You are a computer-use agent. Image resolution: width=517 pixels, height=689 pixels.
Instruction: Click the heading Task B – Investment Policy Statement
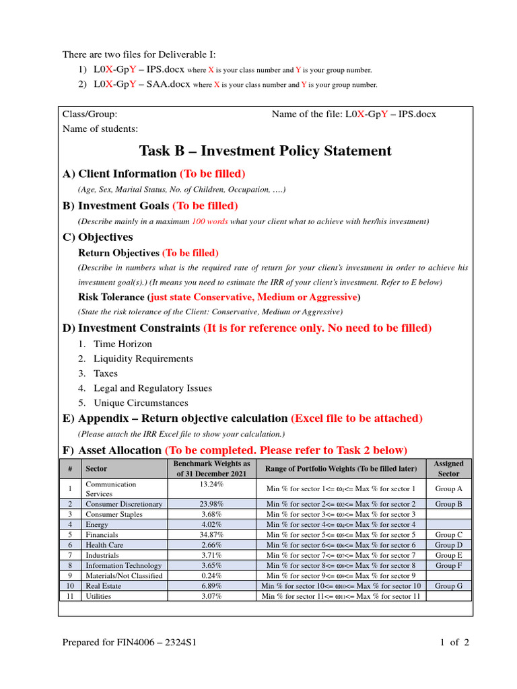coord(265,151)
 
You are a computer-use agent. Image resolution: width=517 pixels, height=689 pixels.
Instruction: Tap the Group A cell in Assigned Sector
coord(448,488)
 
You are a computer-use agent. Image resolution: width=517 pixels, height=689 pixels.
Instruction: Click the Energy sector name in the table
coord(97,524)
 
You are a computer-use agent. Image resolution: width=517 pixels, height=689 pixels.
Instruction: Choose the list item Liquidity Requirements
coord(143,359)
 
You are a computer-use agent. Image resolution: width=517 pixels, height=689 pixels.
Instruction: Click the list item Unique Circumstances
coord(141,403)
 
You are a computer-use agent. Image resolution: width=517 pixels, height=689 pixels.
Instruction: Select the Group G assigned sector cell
coord(448,586)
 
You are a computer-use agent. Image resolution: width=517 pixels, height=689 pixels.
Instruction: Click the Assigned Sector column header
coord(448,468)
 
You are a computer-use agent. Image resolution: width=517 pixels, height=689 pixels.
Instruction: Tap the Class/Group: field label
coord(90,114)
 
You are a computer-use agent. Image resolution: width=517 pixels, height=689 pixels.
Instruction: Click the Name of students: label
coord(100,129)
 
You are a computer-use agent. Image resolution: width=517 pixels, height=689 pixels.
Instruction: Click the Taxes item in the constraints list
coord(106,373)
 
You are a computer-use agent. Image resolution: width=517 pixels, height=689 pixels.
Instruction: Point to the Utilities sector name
coord(98,596)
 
